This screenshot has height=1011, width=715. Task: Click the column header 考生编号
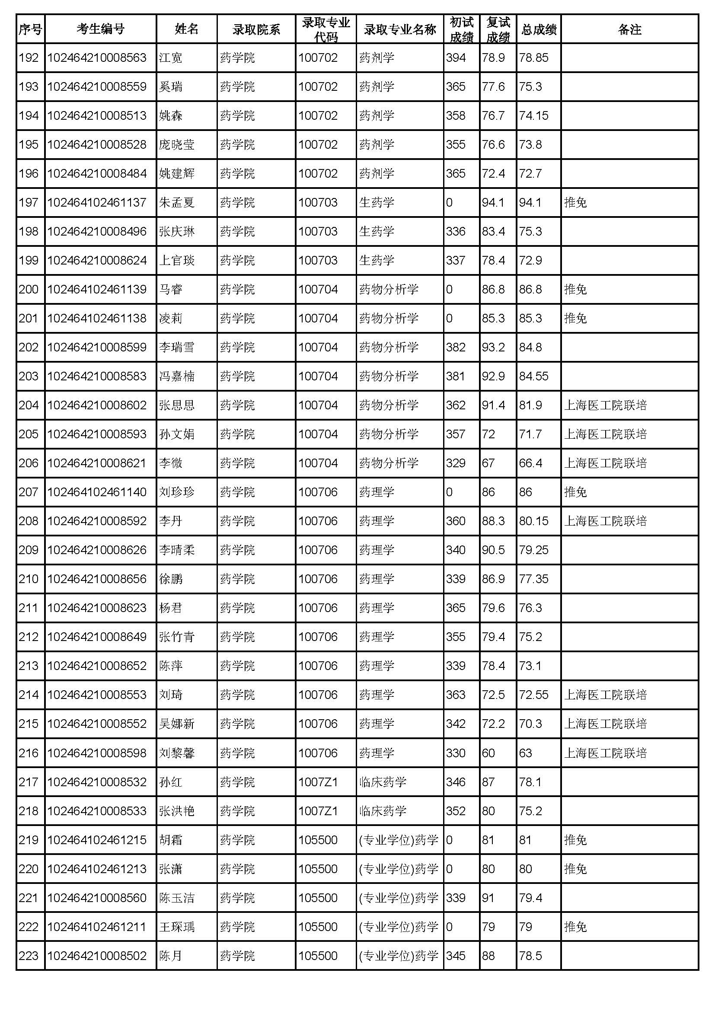(100, 29)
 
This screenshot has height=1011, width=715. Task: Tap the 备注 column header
(629, 29)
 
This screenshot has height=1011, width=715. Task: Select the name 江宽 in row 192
(170, 57)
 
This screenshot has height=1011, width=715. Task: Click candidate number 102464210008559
(97, 86)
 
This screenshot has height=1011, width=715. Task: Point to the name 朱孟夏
(176, 203)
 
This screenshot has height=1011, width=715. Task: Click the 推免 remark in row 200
(575, 289)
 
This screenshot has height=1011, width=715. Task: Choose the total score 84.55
(533, 376)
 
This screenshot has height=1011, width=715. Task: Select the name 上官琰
(176, 260)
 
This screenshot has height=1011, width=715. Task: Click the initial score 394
(456, 57)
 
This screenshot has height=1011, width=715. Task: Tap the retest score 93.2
(493, 347)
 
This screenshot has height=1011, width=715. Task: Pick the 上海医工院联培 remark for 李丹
(605, 521)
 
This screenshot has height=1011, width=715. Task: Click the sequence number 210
(29, 579)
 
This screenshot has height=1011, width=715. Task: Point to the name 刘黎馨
(176, 753)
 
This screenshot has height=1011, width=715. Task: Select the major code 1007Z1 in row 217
(318, 781)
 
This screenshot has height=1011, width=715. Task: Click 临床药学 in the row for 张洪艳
(383, 810)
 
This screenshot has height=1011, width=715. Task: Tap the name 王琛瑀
(176, 926)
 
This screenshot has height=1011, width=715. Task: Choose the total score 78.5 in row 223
(530, 956)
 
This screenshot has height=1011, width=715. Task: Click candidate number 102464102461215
(97, 840)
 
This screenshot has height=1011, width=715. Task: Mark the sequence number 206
(29, 463)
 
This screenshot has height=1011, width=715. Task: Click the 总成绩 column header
(539, 29)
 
